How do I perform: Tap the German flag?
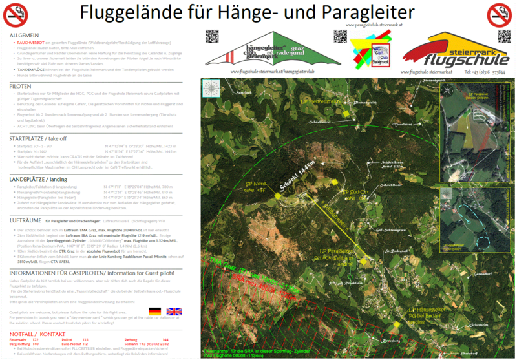click(154, 311)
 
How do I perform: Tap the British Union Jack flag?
click(174, 311)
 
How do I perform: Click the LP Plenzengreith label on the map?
click(321, 101)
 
